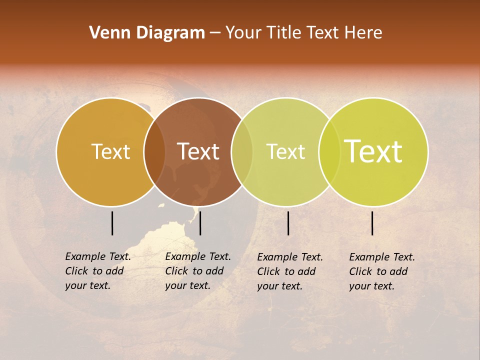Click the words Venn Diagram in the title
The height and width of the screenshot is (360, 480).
pyautogui.click(x=147, y=33)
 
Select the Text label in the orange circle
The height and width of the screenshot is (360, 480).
pyautogui.click(x=110, y=151)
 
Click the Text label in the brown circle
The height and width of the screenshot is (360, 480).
pyautogui.click(x=198, y=151)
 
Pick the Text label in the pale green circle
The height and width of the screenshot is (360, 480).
pyautogui.click(x=285, y=151)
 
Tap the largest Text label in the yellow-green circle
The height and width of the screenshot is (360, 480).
pyautogui.click(x=373, y=151)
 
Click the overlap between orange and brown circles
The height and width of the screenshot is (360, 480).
pyautogui.click(x=154, y=151)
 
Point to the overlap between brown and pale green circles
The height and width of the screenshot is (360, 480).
pyautogui.click(x=242, y=151)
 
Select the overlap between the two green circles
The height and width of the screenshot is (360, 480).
pyautogui.click(x=329, y=151)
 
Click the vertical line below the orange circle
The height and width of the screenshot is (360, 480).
pyautogui.click(x=112, y=223)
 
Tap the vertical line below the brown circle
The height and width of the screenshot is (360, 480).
pyautogui.click(x=200, y=223)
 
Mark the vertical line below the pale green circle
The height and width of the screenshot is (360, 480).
pyautogui.click(x=288, y=223)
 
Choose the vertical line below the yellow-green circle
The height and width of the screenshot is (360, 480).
pyautogui.click(x=372, y=223)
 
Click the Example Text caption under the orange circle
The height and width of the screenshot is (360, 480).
pyautogui.click(x=98, y=271)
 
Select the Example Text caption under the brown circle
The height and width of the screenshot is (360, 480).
pyautogui.click(x=198, y=271)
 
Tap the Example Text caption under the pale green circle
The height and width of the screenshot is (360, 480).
pyautogui.click(x=290, y=271)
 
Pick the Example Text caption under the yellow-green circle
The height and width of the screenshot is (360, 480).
pyautogui.click(x=382, y=271)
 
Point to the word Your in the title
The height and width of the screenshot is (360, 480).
pyautogui.click(x=243, y=33)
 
